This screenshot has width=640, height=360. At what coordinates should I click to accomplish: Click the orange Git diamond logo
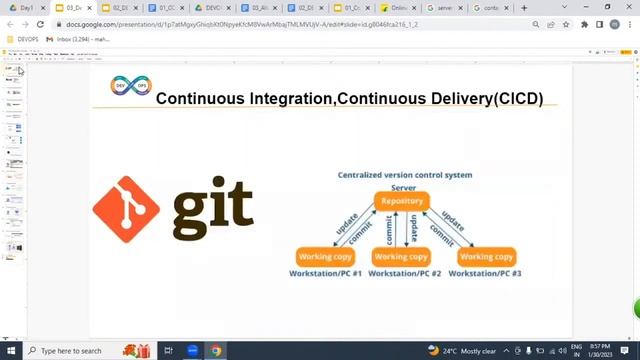[x=126, y=210]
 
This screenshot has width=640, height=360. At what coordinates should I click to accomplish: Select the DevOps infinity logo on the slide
[x=130, y=87]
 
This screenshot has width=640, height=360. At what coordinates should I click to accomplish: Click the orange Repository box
[x=403, y=201]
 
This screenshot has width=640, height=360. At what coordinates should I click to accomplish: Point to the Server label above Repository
[x=403, y=187]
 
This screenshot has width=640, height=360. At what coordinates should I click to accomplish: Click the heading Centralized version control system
[x=404, y=175]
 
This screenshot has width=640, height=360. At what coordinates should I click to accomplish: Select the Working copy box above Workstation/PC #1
[x=325, y=256]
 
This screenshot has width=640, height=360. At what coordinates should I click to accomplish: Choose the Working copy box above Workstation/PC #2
[x=400, y=256]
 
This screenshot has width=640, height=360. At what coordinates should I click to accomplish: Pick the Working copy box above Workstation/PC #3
[x=486, y=256]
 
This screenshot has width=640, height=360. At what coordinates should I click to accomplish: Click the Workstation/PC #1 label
[x=325, y=273]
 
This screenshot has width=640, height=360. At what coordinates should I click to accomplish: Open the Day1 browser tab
[x=24, y=8]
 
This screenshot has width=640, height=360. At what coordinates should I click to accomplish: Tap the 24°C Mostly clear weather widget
[x=462, y=351]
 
